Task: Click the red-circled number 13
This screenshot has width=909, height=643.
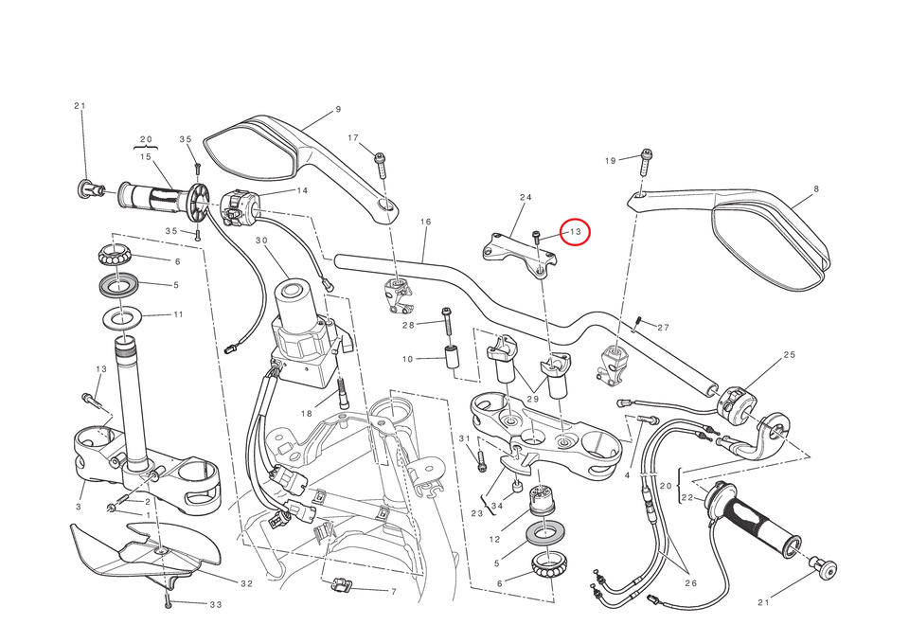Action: pyautogui.click(x=574, y=231)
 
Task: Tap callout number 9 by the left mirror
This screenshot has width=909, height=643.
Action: pyautogui.click(x=338, y=110)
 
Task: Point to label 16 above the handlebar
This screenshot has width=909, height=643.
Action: pyautogui.click(x=425, y=222)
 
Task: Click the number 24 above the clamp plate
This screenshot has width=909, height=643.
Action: pyautogui.click(x=526, y=197)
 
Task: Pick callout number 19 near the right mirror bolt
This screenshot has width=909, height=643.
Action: pyautogui.click(x=611, y=160)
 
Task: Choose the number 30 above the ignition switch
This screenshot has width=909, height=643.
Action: pyautogui.click(x=261, y=241)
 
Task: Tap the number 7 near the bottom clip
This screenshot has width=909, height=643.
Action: pyautogui.click(x=393, y=592)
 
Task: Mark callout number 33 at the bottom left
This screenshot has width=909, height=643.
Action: pyautogui.click(x=215, y=604)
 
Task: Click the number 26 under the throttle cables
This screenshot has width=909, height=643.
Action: pyautogui.click(x=690, y=583)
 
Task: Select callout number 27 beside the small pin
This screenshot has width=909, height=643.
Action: pyautogui.click(x=663, y=328)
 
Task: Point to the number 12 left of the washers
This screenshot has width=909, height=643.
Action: pyautogui.click(x=493, y=539)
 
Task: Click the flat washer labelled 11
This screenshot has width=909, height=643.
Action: pyautogui.click(x=124, y=315)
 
